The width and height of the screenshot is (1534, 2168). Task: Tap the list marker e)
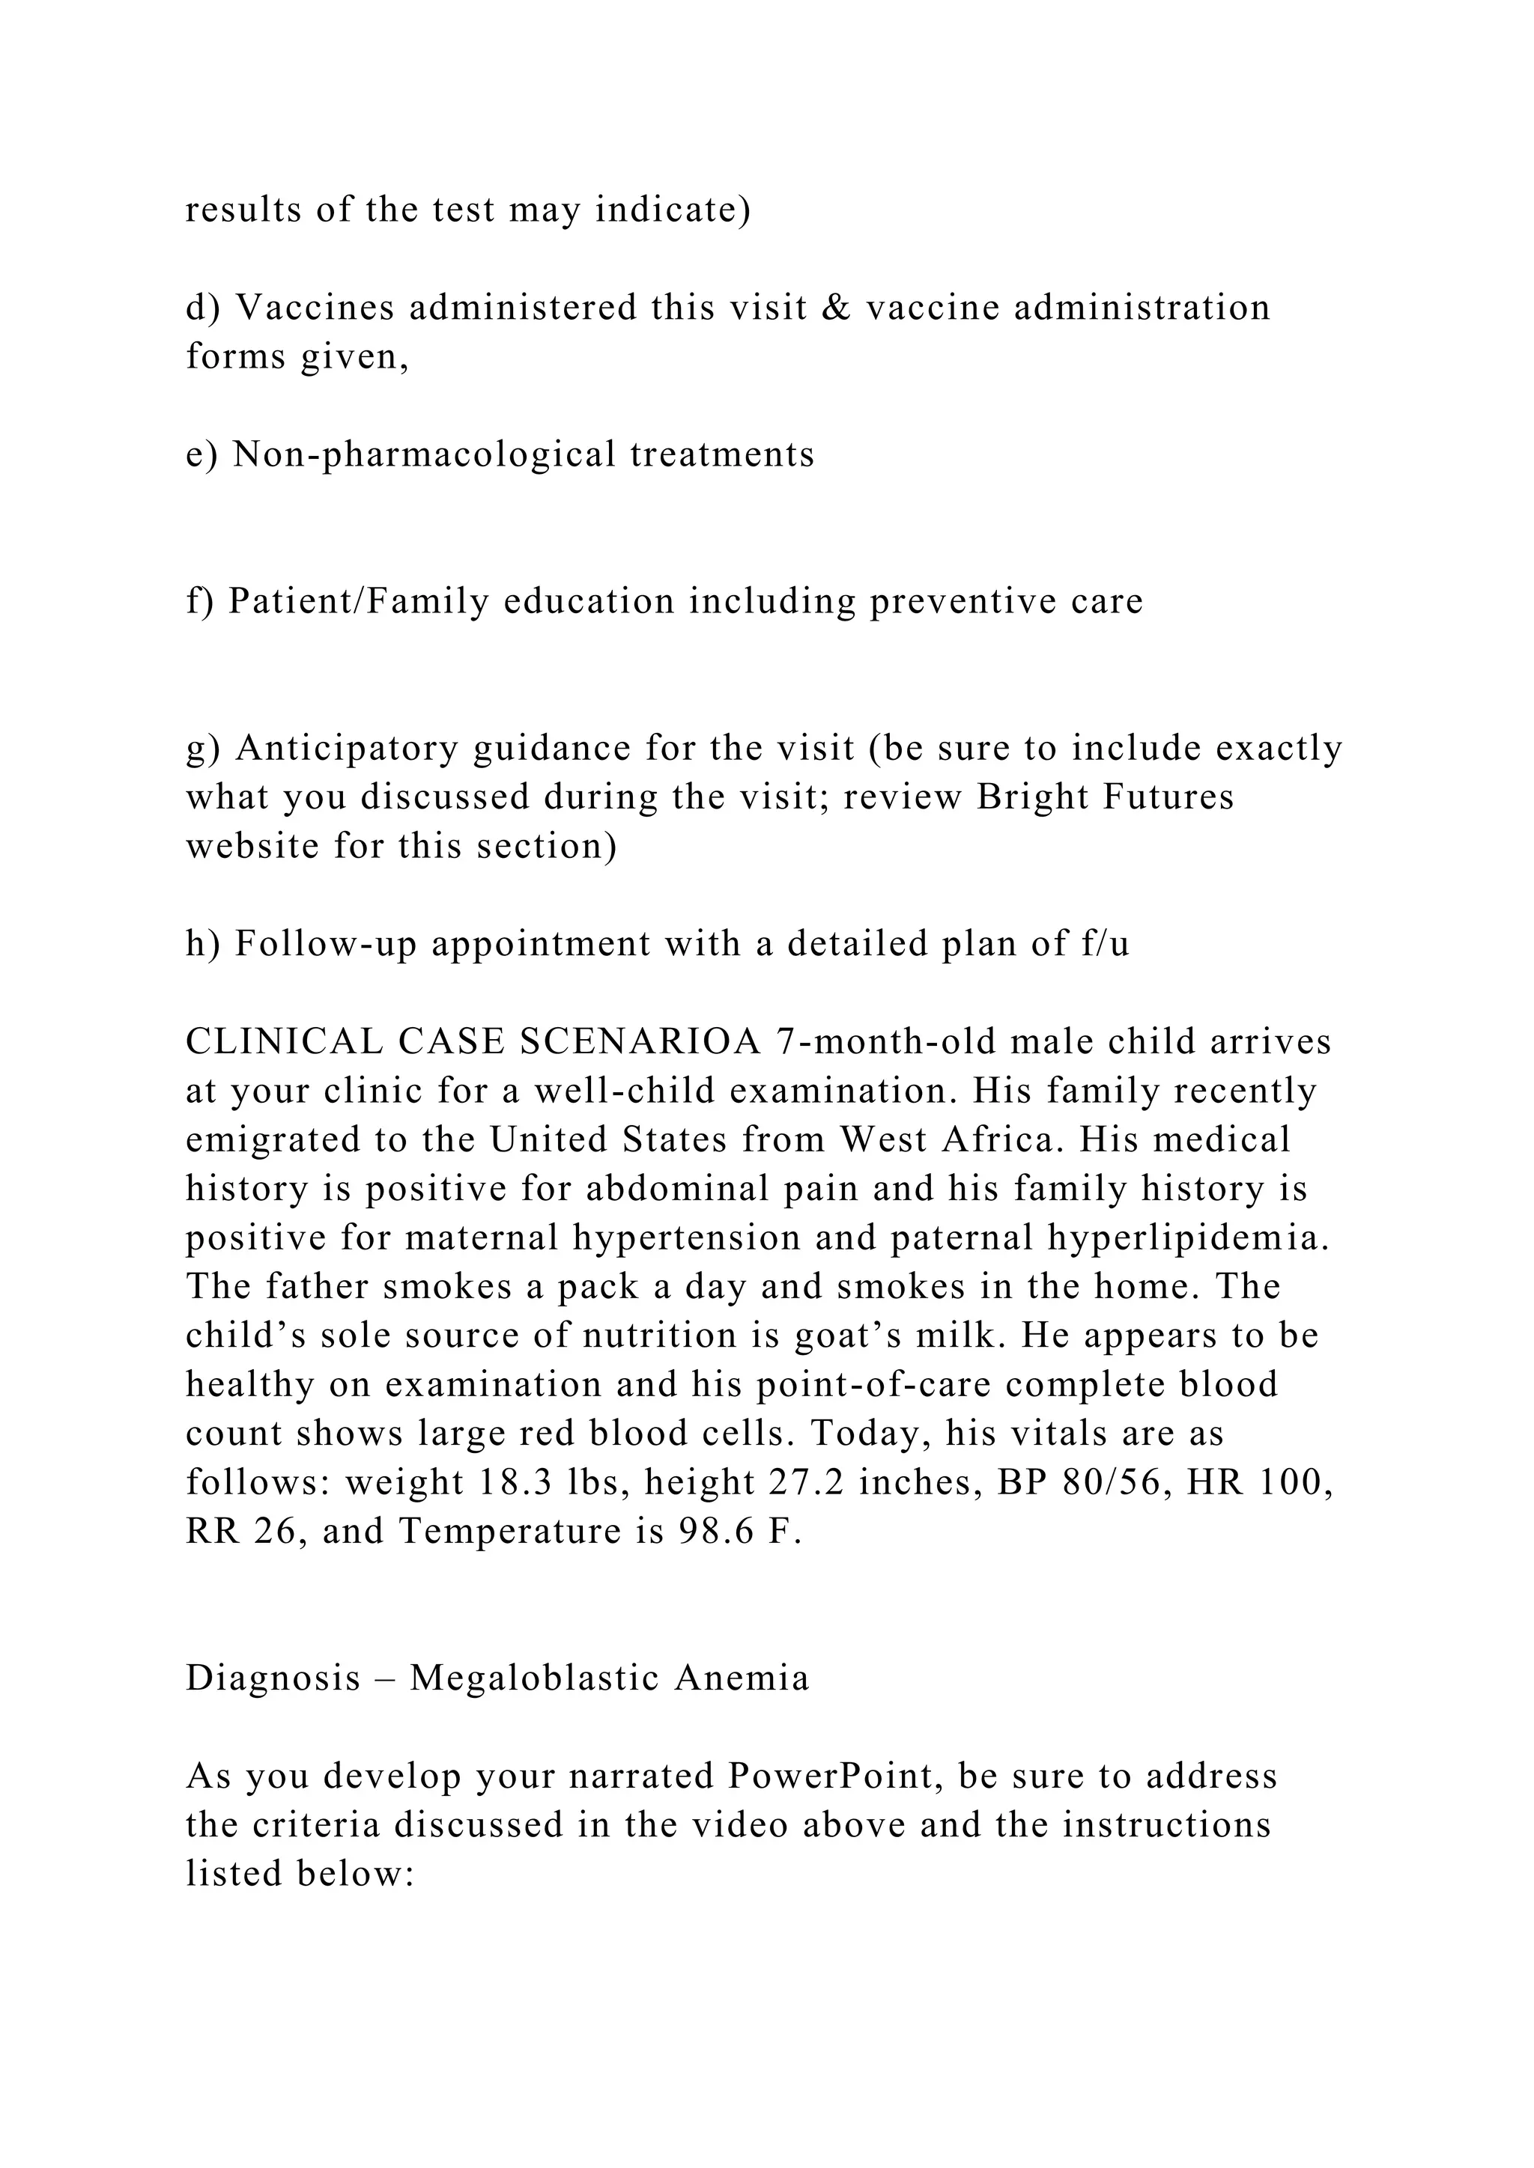(201, 454)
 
